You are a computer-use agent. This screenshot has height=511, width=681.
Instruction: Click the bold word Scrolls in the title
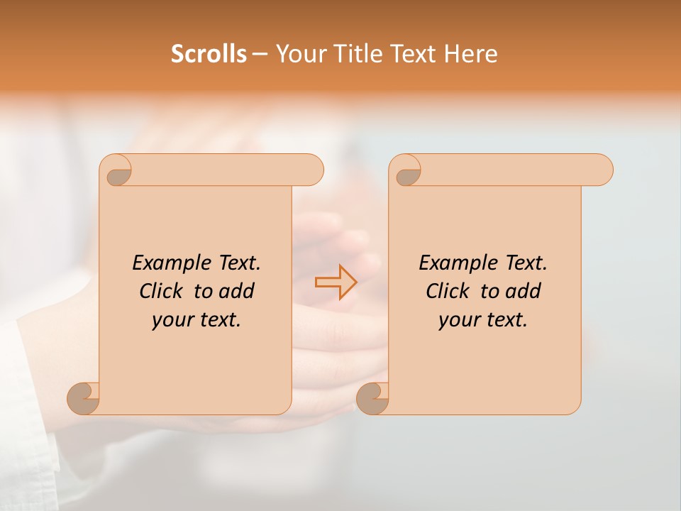[x=209, y=54]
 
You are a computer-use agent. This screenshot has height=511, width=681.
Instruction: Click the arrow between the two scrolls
[x=336, y=282]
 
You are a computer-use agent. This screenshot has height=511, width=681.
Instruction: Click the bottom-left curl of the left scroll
[x=83, y=399]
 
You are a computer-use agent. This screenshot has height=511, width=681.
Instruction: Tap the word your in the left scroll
[x=171, y=320]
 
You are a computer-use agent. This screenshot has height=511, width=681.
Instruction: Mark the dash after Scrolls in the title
[x=260, y=54]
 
